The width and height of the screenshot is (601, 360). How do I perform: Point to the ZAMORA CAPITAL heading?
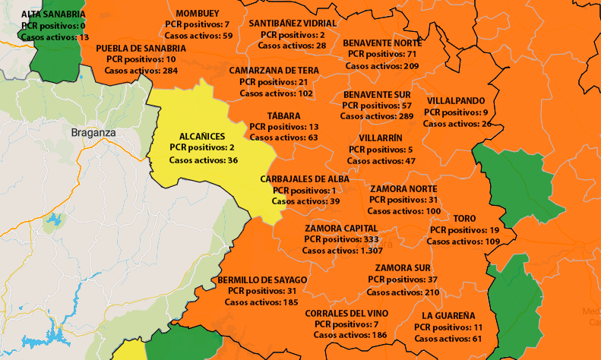(x=341, y=228)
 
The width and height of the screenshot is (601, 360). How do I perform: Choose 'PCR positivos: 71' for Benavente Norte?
(x=381, y=55)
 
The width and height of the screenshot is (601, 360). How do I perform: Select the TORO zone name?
(x=464, y=218)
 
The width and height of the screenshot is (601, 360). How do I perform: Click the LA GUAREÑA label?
(x=448, y=315)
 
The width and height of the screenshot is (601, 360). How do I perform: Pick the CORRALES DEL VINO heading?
(x=346, y=313)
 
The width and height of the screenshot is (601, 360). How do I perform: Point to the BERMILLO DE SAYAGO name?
(x=262, y=279)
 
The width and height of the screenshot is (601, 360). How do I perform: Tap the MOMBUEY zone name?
(x=198, y=14)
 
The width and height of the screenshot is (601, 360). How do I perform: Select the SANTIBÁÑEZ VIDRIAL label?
(x=293, y=24)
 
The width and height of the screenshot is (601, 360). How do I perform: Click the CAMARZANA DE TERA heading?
(x=274, y=70)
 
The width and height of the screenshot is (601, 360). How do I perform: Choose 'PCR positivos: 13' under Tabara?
(x=283, y=127)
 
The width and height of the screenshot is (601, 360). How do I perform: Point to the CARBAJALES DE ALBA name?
(x=304, y=178)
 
